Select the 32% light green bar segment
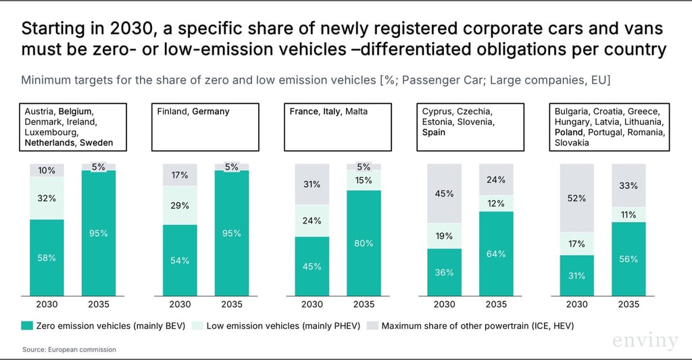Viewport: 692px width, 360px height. tap(46, 199)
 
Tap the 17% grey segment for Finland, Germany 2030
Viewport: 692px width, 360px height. tap(180, 175)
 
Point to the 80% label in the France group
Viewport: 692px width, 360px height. tap(364, 243)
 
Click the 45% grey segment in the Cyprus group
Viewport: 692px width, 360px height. tap(444, 194)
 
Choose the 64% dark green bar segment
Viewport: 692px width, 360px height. tap(496, 254)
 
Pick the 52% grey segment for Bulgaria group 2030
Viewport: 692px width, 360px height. tap(576, 199)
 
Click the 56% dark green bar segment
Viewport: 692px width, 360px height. tap(628, 259)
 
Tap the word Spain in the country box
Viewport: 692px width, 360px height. tap(434, 132)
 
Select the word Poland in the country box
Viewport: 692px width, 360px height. tap(568, 132)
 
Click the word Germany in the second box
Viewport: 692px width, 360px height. tap(210, 111)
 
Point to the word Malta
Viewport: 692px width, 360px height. tap(356, 111)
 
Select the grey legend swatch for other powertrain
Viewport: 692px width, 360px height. tap(373, 326)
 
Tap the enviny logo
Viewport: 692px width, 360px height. tap(645, 341)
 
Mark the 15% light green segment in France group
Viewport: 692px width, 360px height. tap(364, 180)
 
